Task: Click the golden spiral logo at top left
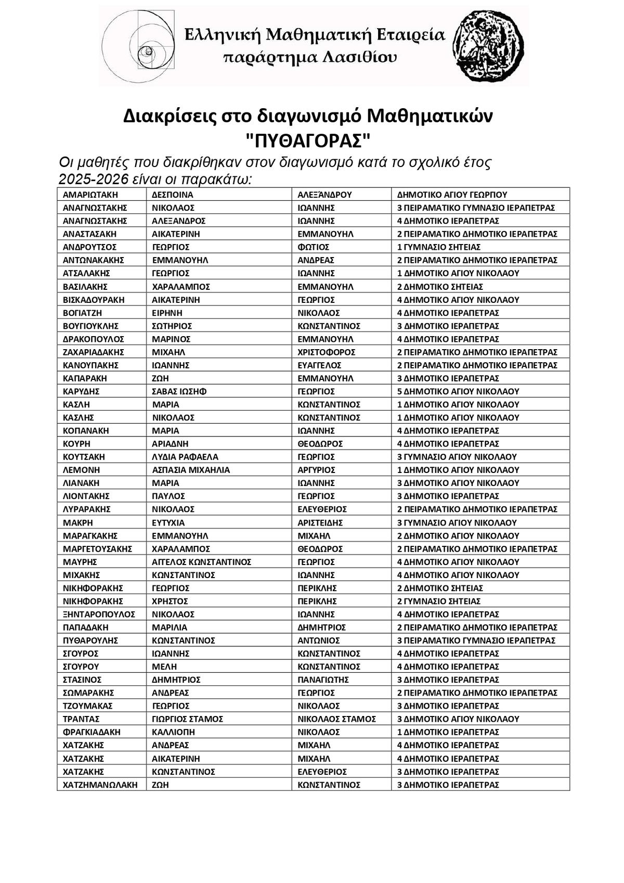[138, 47]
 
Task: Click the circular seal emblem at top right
[489, 47]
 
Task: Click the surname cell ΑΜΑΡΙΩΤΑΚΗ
[90, 195]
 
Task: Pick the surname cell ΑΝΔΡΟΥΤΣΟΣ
[89, 247]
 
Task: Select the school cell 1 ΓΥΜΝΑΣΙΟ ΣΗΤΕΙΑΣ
[438, 247]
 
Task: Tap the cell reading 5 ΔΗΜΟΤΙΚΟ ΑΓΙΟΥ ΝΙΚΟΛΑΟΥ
[458, 391]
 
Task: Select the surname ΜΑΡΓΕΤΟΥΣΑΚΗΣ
[97, 549]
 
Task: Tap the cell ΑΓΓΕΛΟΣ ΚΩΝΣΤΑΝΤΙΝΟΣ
[201, 562]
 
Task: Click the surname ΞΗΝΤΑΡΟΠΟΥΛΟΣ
[99, 615]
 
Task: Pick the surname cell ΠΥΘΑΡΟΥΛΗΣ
[90, 641]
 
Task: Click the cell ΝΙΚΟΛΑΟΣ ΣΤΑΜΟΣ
[336, 719]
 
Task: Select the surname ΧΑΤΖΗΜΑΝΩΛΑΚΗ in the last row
[100, 785]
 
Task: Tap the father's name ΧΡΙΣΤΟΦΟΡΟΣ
[326, 352]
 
